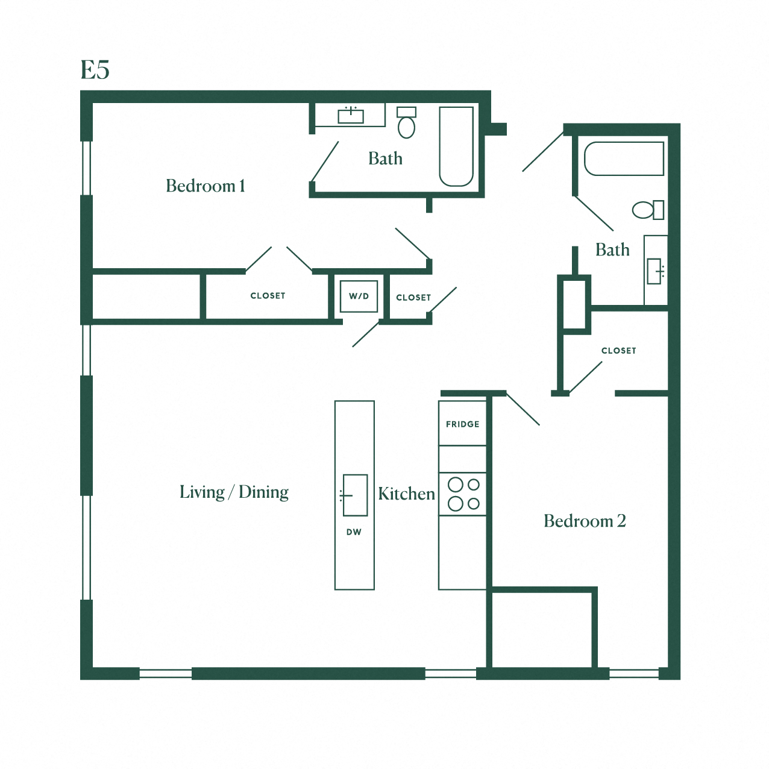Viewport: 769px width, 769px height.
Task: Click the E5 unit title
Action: (x=95, y=70)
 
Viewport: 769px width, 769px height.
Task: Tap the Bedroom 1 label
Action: (x=205, y=186)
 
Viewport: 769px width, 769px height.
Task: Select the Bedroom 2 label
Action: (x=584, y=521)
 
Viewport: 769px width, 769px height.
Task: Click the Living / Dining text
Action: (x=234, y=492)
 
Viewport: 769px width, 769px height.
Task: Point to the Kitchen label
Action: (x=406, y=494)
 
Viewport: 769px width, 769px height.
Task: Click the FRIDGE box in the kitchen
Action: (x=462, y=424)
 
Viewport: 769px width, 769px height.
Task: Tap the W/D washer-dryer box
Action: (x=359, y=296)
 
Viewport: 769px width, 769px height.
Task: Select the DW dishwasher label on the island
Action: (x=354, y=532)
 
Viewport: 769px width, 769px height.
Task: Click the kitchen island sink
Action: (x=355, y=495)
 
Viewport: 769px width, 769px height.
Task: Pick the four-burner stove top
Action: (x=463, y=494)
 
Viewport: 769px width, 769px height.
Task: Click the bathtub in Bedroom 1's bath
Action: (x=456, y=146)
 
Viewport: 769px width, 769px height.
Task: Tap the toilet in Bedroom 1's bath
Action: (x=407, y=123)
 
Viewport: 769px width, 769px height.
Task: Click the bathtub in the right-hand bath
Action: (x=624, y=159)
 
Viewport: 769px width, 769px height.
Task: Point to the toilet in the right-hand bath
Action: (x=647, y=210)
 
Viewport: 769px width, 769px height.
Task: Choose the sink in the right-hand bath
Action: (x=655, y=271)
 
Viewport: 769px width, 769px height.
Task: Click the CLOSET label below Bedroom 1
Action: (x=268, y=296)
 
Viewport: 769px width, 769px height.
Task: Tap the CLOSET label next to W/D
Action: (x=413, y=298)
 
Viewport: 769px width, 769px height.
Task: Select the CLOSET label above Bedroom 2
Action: (x=618, y=351)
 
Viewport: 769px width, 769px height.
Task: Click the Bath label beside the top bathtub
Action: (x=385, y=159)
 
